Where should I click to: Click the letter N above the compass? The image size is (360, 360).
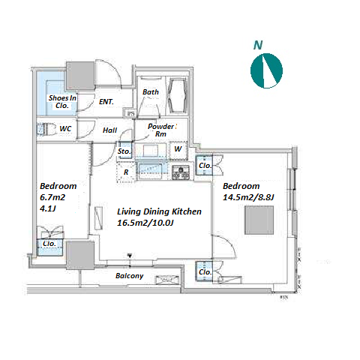coord(258,45)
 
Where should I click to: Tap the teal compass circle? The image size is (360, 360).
coord(266,70)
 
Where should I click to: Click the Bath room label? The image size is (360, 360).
coord(151,92)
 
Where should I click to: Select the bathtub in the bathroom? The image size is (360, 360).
coord(177,96)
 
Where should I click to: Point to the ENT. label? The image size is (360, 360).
coord(106,102)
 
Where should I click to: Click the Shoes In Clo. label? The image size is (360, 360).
coord(62,101)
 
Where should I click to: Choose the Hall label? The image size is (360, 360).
coord(109,130)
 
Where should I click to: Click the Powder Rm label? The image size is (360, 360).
coord(160,130)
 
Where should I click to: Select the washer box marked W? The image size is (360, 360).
coord(178,151)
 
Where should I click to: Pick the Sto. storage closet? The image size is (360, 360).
coord(124,150)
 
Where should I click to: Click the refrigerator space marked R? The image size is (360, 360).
coord(126,172)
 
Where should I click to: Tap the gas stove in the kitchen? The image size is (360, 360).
coord(180,172)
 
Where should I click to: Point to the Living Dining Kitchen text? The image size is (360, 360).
coord(159,211)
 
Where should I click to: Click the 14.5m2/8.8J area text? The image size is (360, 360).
coord(248,197)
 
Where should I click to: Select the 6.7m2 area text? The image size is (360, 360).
coord(52,197)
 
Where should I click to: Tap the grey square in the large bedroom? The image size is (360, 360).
coord(259,220)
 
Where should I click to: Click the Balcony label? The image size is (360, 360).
coord(129,276)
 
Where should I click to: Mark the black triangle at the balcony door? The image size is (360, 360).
coord(130,256)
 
